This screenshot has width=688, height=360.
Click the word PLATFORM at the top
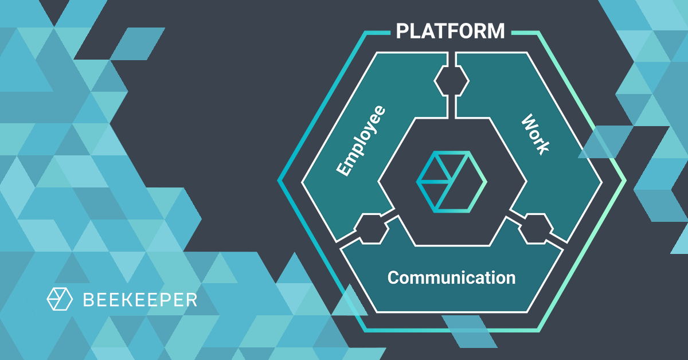point(451,30)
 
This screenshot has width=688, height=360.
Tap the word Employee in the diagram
point(359,141)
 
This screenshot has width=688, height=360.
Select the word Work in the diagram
point(535,134)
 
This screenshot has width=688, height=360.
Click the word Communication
point(451,278)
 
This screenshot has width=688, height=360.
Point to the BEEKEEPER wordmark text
point(140,299)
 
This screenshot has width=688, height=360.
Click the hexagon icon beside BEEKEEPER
point(60,299)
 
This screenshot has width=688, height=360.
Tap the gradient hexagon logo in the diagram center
point(451,181)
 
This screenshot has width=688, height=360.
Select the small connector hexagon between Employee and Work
point(451,81)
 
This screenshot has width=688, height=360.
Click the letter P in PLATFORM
point(402,30)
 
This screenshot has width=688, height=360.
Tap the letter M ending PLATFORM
point(496,30)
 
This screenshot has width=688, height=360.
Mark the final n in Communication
point(510,279)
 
